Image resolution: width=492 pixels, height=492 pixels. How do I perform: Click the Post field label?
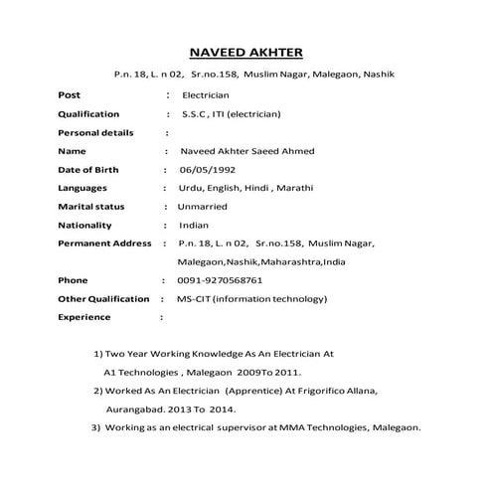[x=70, y=95]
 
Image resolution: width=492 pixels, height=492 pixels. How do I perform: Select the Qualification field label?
[x=88, y=114]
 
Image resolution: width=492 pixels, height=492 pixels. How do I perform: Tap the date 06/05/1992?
[x=208, y=169]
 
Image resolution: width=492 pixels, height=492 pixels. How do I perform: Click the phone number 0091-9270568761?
[x=220, y=280]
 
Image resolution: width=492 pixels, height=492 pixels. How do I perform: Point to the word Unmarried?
[x=202, y=207]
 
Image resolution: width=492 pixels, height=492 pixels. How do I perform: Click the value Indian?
[x=194, y=225]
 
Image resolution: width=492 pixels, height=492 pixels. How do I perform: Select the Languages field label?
[x=82, y=188]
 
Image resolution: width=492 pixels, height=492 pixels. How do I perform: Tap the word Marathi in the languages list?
[x=295, y=188]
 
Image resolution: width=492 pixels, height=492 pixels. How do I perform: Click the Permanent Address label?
[x=104, y=244]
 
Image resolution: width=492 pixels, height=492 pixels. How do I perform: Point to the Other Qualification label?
[x=103, y=299]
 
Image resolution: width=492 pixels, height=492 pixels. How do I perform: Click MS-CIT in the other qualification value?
[x=195, y=299]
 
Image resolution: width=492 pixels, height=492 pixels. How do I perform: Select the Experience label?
[x=83, y=317]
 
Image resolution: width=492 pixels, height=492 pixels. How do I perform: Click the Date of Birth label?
[x=87, y=169]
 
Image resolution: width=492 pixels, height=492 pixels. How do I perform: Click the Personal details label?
[x=96, y=132]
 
